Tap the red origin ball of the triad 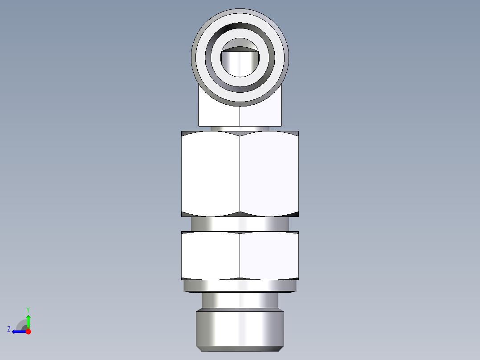(28, 331)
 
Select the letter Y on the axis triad (28, 309)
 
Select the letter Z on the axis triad (9, 329)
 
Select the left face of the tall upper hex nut (211, 174)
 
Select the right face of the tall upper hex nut (269, 174)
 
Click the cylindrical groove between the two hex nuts (240, 224)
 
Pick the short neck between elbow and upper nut (240, 128)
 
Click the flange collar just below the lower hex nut (240, 286)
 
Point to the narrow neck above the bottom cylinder (240, 300)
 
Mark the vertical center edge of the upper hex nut (240, 174)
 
